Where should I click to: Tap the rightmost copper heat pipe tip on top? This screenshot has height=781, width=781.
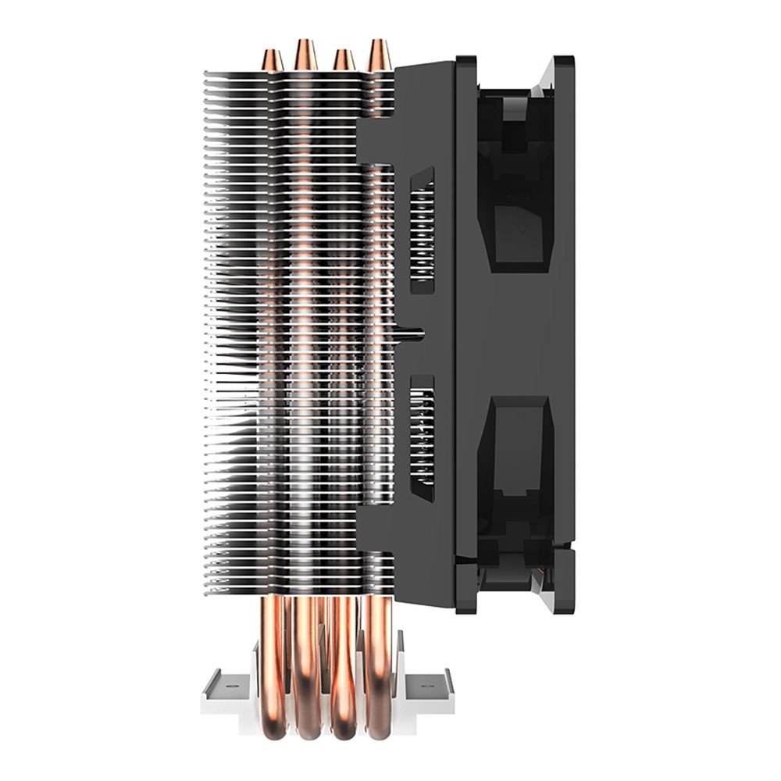(380, 55)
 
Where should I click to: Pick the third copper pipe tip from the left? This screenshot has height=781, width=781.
(343, 60)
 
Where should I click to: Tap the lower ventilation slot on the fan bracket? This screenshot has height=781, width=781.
(422, 438)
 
